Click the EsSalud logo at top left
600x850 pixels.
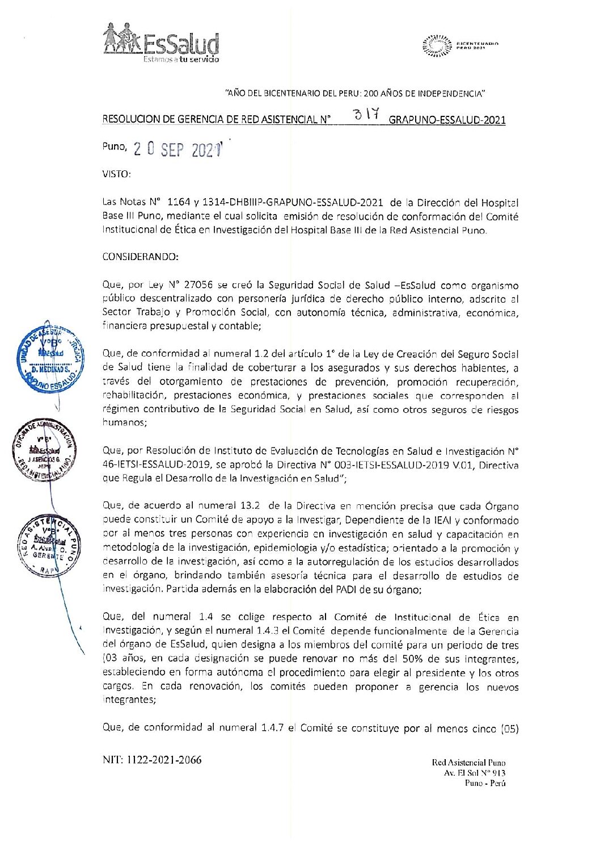(160, 41)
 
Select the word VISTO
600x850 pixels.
(116, 175)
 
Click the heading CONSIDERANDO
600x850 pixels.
(141, 257)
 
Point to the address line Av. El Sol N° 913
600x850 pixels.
(475, 773)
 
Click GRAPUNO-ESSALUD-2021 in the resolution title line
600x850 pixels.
(447, 120)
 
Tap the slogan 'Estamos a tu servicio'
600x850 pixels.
(181, 59)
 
